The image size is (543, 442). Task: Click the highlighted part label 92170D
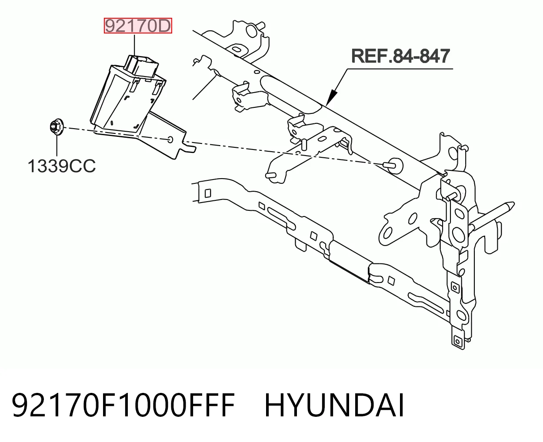point(138,26)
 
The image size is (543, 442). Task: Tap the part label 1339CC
point(62,166)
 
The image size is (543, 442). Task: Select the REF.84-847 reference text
point(400,56)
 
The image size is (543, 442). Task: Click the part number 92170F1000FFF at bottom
point(123,405)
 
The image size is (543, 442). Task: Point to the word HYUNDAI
point(334,405)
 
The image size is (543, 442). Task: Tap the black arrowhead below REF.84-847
point(332,97)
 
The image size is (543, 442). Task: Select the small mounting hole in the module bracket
point(170,140)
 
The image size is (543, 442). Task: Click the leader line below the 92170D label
point(134,45)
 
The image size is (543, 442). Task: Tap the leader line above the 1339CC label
point(57,146)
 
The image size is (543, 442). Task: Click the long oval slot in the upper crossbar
point(290,94)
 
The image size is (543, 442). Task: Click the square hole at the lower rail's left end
point(208,193)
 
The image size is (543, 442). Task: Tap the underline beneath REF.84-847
point(400,69)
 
